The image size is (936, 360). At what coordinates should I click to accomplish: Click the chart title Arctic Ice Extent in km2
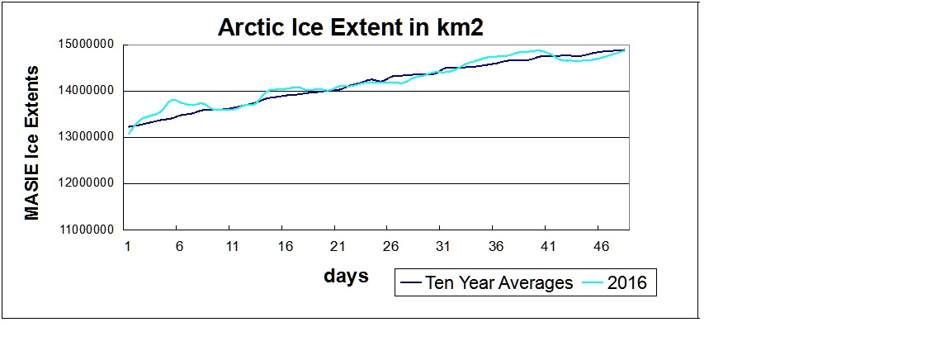pos(350,27)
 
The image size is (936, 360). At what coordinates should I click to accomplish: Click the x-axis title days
pos(346,276)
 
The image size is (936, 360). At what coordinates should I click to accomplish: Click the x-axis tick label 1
pos(127,246)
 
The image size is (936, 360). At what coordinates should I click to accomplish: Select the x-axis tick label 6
pos(179,246)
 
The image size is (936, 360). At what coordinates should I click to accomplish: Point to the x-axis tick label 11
pos(232,246)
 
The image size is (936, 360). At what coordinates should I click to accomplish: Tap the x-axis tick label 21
pos(337,246)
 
